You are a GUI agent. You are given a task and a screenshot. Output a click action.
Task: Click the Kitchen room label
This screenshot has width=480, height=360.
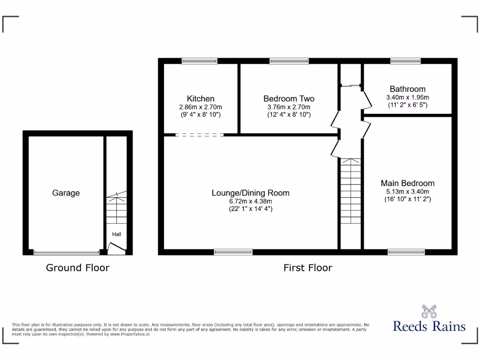[x=201, y=98]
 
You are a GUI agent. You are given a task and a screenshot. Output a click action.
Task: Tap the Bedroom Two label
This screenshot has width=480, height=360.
[x=289, y=98]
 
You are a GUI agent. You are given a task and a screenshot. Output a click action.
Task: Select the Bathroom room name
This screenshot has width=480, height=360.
[x=407, y=89]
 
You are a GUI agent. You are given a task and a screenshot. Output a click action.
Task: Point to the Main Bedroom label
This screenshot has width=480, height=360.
[x=407, y=183]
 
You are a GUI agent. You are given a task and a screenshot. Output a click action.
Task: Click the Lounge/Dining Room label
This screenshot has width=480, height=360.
[x=250, y=193]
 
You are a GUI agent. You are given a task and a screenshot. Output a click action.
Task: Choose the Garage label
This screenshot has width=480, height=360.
[x=66, y=193]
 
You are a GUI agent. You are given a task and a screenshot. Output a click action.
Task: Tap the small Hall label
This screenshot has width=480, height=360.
[x=116, y=234]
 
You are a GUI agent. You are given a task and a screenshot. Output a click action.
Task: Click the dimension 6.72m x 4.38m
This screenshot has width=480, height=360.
[x=250, y=202]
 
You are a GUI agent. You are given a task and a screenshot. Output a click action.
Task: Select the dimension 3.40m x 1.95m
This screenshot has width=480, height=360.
[x=407, y=97]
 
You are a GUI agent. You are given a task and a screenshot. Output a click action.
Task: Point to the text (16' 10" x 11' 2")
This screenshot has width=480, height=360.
[x=407, y=199]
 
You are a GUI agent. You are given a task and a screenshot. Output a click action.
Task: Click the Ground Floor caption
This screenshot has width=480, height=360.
[x=77, y=268]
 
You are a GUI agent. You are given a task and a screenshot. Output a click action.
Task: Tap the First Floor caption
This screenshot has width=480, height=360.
[x=307, y=268]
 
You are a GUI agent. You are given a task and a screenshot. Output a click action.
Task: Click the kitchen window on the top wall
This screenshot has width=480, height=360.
[x=200, y=60]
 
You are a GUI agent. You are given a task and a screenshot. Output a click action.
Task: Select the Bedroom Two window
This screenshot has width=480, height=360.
[x=289, y=60]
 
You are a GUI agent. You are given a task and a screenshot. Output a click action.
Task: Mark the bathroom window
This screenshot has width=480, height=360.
[x=405, y=60]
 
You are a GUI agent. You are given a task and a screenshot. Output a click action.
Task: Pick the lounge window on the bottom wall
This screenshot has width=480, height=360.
[x=233, y=252]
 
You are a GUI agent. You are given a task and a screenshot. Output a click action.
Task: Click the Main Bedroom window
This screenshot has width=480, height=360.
[x=406, y=252]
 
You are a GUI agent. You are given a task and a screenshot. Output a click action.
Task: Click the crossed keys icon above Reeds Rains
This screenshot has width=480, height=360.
[x=429, y=311]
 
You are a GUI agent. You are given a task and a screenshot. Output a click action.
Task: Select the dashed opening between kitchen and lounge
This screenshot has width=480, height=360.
[x=200, y=135]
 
